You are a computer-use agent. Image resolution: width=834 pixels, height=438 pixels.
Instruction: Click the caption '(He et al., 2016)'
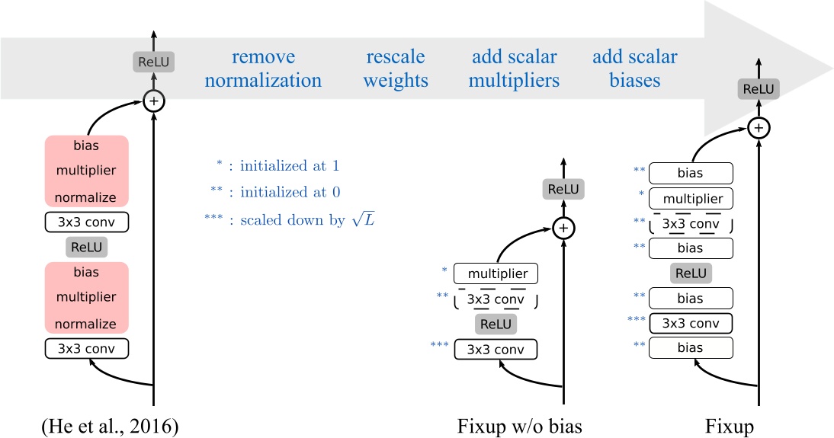(109, 425)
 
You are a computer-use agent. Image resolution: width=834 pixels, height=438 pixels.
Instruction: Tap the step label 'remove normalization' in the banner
(264, 69)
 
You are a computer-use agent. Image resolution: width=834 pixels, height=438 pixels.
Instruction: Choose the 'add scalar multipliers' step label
(515, 69)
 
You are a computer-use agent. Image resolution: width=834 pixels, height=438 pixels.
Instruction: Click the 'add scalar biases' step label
(635, 69)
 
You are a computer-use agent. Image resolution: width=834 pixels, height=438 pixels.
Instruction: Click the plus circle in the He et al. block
(155, 101)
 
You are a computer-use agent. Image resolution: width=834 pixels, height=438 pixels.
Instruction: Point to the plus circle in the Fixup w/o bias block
(562, 227)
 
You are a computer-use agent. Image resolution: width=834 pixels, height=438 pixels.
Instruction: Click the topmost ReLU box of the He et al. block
(154, 62)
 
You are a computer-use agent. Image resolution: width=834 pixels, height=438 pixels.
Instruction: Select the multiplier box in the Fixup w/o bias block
(496, 273)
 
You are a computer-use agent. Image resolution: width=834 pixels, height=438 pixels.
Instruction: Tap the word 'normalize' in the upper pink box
(86, 197)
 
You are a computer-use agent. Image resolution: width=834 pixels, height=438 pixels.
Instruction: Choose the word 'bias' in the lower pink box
(86, 272)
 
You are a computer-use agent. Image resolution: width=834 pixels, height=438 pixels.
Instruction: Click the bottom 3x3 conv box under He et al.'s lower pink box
(86, 349)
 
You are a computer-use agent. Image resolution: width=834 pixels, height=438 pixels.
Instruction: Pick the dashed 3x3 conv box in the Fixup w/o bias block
(496, 299)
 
